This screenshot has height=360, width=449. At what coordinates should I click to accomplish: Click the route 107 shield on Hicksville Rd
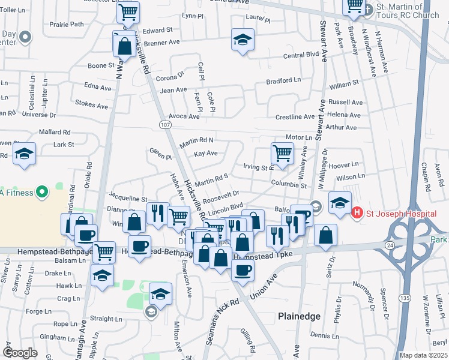pos(165,124)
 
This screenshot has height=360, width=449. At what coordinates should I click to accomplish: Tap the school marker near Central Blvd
pos(242,40)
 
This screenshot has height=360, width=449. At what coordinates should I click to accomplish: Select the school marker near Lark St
pos(24,154)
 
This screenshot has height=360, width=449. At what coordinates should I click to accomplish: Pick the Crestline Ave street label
pos(295,116)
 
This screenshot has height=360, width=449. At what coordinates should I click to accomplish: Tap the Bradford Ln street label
pos(283,80)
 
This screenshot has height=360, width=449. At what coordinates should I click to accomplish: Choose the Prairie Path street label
pos(67,25)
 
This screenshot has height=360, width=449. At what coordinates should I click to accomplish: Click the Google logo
pos(20,352)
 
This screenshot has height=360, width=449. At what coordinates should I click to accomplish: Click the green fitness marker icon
pos(41,193)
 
